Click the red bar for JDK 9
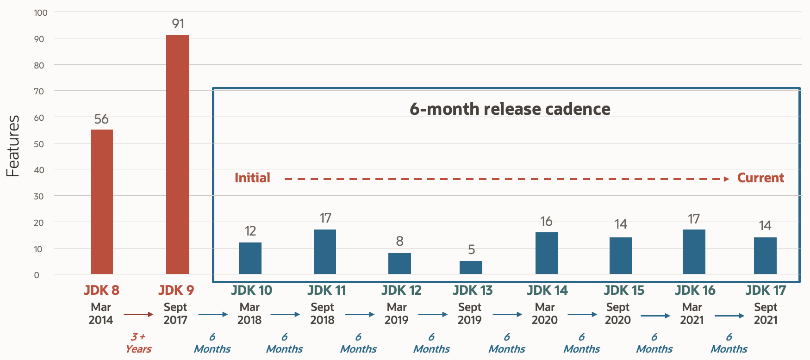click(177, 155)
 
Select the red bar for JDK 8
click(102, 202)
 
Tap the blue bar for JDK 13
click(471, 267)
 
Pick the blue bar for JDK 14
click(547, 253)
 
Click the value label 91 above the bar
click(178, 24)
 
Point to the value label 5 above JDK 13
click(471, 250)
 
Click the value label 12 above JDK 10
click(250, 231)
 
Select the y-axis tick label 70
click(39, 92)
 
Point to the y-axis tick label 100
click(41, 13)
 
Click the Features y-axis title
click(13, 146)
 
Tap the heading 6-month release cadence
click(510, 109)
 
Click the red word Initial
click(252, 178)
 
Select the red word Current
click(760, 178)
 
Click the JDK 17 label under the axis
click(766, 291)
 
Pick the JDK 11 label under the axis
click(326, 291)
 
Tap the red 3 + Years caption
click(138, 343)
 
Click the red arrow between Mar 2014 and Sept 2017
click(138, 315)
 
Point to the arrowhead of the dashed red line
click(727, 179)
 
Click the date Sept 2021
click(766, 313)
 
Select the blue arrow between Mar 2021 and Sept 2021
click(729, 316)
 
